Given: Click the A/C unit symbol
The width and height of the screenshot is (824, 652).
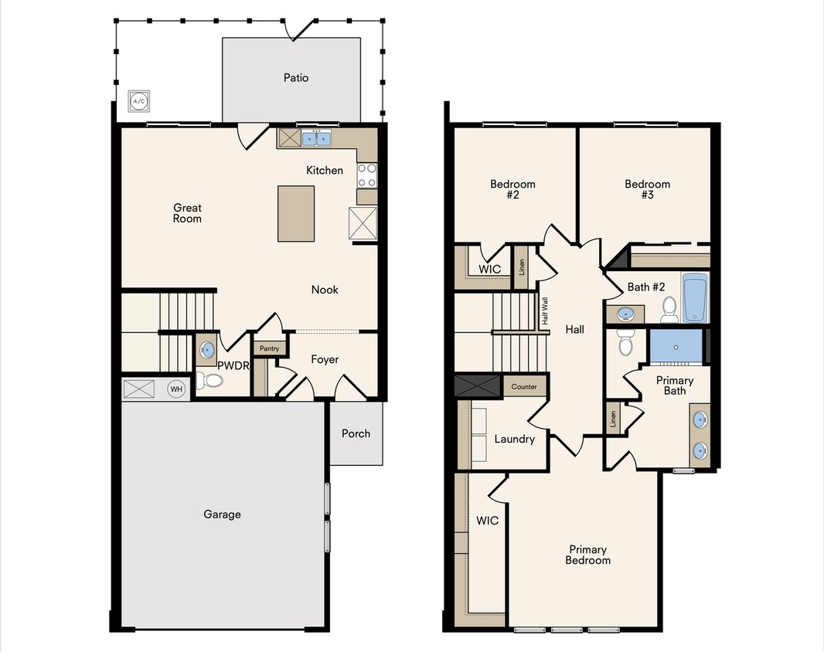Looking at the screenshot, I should (139, 100).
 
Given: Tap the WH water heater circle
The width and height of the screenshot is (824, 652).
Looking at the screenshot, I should (177, 389).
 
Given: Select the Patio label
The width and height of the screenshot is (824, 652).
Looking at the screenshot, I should (296, 78).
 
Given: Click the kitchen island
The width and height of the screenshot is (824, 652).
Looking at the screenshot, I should (296, 213).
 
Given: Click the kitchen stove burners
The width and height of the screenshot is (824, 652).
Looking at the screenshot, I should (366, 175).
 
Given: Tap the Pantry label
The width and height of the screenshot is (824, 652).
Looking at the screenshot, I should (269, 348).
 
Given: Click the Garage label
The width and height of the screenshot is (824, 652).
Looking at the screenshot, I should (222, 514).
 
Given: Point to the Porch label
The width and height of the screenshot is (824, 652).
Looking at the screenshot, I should (356, 433).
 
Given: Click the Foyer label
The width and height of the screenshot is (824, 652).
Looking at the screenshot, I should (325, 359).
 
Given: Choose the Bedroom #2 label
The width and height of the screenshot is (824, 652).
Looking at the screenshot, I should (512, 189).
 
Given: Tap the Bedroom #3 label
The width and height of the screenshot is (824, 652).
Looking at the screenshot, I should (648, 189).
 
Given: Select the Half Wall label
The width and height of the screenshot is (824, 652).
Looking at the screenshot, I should (545, 311).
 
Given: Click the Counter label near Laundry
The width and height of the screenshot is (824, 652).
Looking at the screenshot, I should (524, 387).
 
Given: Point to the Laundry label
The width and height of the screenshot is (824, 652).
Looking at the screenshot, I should (514, 440).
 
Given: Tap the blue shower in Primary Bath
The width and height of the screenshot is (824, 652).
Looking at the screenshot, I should (676, 345).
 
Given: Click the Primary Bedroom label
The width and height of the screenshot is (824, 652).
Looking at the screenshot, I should (587, 555).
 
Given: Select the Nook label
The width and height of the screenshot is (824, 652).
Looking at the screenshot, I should (325, 290).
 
